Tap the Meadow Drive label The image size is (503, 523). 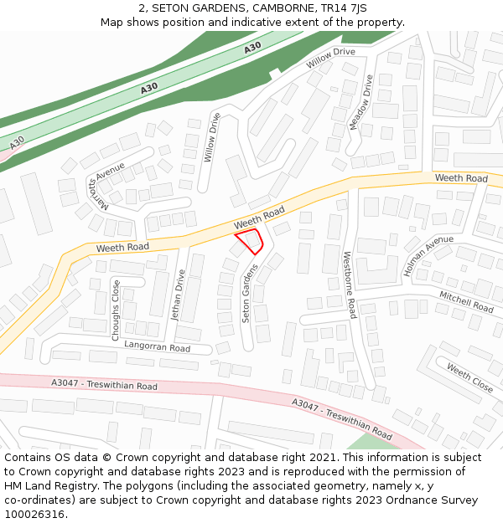360,102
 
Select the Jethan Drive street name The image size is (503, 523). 177,295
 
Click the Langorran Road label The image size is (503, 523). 157,346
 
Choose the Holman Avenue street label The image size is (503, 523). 428,257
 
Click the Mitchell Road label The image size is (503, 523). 466,301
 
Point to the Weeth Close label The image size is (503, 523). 469,378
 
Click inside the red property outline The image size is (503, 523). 251,241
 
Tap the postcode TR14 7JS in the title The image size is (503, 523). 345,8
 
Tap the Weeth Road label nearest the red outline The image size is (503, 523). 259,221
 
